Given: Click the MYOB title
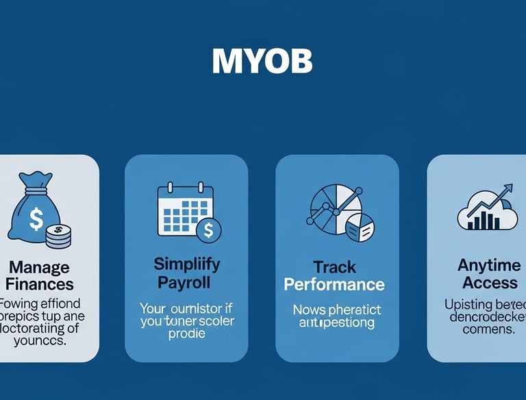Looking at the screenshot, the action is [262, 62].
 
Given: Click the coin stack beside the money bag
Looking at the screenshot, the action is [57, 237].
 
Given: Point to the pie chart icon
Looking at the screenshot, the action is [336, 209].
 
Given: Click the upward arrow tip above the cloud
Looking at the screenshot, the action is [510, 187].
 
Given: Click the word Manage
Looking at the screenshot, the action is [40, 266].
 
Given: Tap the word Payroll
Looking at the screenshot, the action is [186, 282].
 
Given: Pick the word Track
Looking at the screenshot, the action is [335, 266].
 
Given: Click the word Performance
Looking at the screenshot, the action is [335, 284].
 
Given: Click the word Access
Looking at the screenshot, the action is [490, 282].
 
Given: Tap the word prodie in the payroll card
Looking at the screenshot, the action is [186, 334].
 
